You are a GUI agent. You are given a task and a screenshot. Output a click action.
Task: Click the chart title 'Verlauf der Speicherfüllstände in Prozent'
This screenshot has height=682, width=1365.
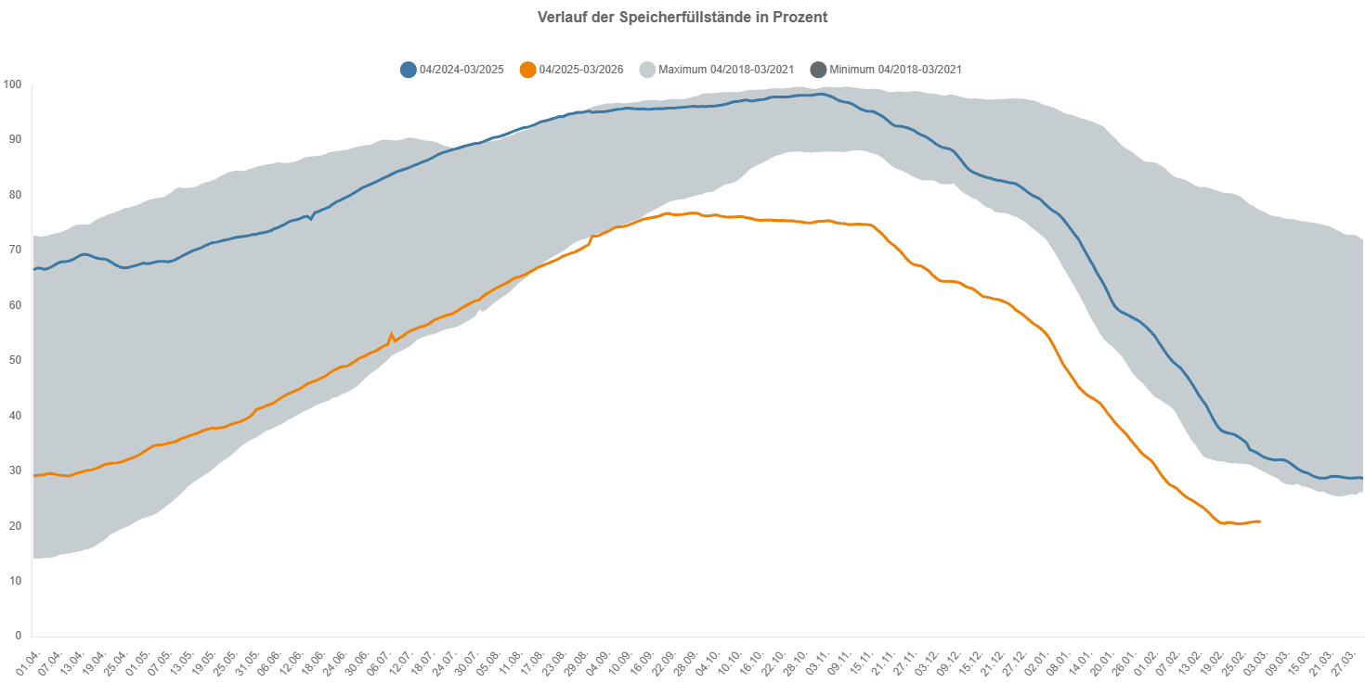[x=682, y=18]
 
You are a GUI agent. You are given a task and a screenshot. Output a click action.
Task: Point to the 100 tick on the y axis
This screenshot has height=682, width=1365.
[x=12, y=84]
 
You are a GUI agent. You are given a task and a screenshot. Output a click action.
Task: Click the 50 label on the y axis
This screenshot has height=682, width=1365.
[x=15, y=360]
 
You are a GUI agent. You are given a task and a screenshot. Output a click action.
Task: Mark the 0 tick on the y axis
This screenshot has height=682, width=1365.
[x=18, y=636]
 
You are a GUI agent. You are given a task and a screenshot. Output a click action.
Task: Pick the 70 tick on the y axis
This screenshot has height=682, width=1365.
[x=15, y=250]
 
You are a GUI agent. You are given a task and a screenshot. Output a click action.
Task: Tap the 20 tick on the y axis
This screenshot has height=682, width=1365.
[x=15, y=525]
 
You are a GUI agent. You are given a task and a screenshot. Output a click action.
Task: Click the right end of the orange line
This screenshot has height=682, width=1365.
[x=1259, y=521]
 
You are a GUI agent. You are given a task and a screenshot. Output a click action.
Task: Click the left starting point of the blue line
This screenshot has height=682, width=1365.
[x=33, y=269]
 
